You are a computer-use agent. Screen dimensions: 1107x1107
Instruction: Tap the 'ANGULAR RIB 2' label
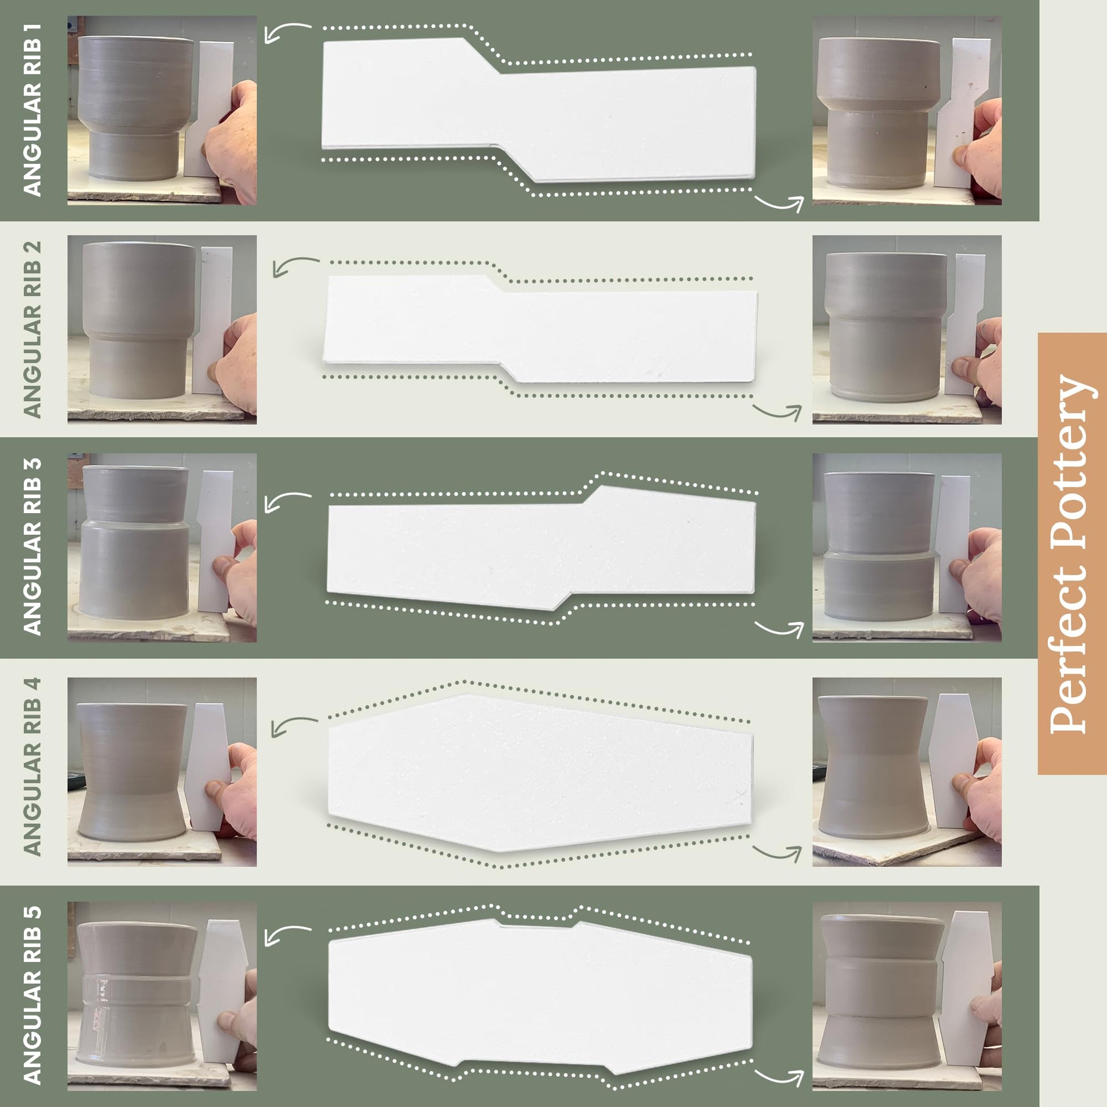tap(32, 329)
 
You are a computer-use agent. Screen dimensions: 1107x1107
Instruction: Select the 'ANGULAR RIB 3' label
tap(32, 546)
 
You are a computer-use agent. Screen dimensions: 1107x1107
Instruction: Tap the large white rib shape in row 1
tap(539, 110)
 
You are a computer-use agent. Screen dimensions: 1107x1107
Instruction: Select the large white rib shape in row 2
tap(540, 329)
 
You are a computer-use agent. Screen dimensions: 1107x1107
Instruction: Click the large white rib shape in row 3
tap(541, 548)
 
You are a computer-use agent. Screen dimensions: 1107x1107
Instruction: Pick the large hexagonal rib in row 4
tap(540, 773)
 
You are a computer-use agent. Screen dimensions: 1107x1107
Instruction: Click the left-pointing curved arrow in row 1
tap(287, 31)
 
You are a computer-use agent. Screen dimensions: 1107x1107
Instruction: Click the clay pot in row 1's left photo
tap(135, 108)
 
